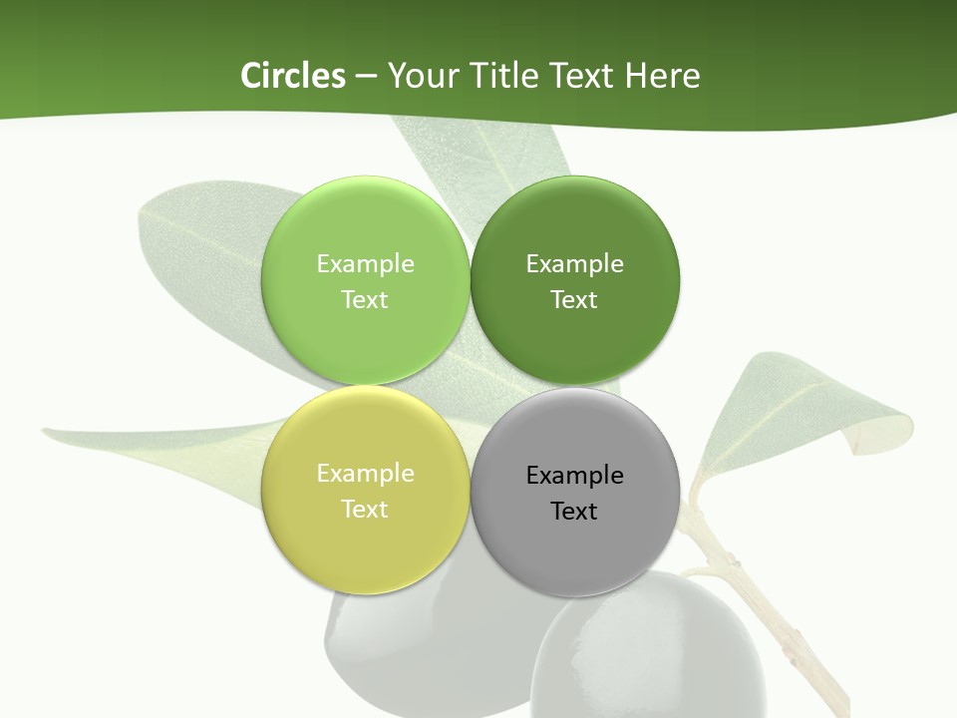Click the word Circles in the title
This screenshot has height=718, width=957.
[x=292, y=76]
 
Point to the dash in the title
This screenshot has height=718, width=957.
[x=366, y=76]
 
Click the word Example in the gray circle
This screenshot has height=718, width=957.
[x=575, y=476]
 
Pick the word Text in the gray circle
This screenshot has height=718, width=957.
[x=574, y=512]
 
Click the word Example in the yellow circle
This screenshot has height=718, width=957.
[x=365, y=474]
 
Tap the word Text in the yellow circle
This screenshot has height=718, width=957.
[x=365, y=510]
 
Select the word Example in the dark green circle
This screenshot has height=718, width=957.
[x=575, y=264]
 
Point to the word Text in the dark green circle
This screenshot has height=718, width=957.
[x=574, y=300]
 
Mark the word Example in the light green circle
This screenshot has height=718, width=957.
[x=365, y=264]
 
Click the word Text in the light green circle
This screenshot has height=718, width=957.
[x=365, y=300]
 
